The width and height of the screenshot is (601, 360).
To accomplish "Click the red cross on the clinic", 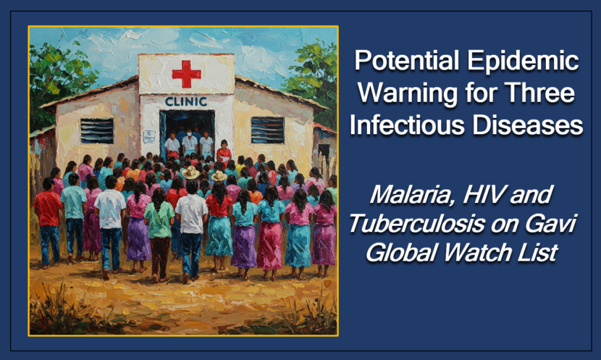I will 186,74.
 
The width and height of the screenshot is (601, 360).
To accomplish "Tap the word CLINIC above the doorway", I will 185,102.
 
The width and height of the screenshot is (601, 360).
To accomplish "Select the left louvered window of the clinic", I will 97,130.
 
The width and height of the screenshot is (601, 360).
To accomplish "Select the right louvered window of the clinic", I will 267,130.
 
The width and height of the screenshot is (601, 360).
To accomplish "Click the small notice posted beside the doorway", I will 148,136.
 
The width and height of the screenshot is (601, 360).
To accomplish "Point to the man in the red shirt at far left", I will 47,217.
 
